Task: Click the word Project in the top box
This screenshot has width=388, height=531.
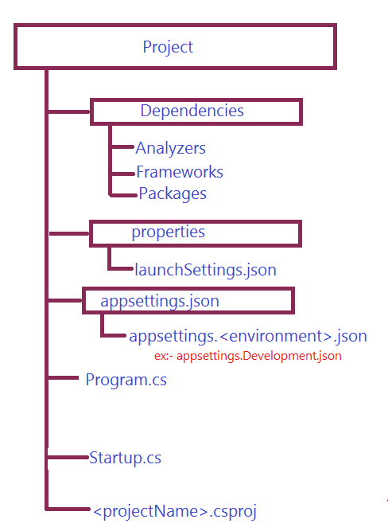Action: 168,47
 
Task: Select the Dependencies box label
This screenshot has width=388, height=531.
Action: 192,111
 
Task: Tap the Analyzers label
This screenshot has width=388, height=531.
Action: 170,148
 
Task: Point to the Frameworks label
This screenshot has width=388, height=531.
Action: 180,172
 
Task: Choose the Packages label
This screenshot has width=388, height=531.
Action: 173,193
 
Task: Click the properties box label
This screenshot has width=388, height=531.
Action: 168,232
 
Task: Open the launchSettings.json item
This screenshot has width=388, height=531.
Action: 205,270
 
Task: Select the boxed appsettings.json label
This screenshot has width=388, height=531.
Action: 160,301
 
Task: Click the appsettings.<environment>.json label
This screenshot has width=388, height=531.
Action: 248,336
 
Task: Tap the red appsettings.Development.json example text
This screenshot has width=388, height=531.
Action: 258,356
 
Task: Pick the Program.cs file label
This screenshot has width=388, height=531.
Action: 126,380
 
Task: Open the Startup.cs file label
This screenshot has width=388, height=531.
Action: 125,459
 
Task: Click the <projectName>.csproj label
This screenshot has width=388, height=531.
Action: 175,512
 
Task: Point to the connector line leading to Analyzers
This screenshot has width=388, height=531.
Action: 122,147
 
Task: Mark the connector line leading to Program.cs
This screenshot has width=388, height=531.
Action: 64,377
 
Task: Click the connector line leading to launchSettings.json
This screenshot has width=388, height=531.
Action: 120,268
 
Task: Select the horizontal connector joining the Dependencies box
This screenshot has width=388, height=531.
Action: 69,111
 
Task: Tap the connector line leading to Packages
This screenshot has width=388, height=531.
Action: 123,195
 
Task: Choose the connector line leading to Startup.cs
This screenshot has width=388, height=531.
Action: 68,458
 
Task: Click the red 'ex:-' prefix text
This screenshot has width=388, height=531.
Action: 164,357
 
